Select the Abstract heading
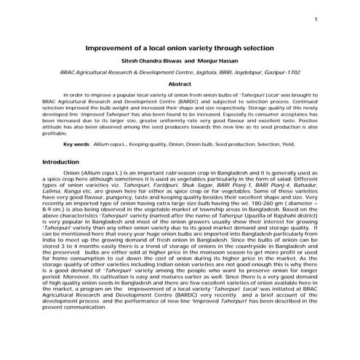point(180,84)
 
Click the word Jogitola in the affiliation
point(183,73)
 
